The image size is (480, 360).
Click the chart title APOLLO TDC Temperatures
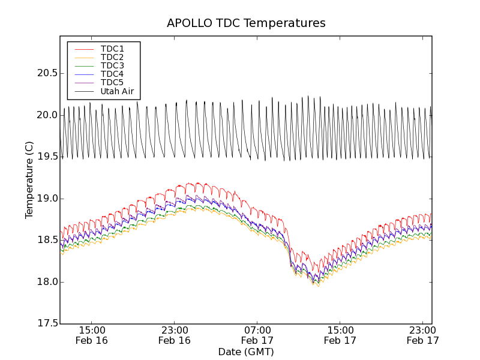click(x=246, y=23)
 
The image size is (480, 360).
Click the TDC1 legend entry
click(x=112, y=49)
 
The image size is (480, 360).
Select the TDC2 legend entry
click(x=112, y=57)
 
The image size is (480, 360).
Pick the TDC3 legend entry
click(x=112, y=65)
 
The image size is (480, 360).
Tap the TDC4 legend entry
click(x=112, y=74)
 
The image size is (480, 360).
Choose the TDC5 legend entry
click(x=112, y=82)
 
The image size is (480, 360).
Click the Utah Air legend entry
click(x=117, y=91)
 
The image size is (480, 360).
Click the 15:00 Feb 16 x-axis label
click(x=92, y=335)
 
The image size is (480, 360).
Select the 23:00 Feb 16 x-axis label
click(x=175, y=335)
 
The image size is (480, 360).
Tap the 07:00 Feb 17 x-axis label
click(x=257, y=335)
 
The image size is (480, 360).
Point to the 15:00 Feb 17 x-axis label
click(x=340, y=335)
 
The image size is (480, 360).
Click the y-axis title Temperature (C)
click(x=29, y=180)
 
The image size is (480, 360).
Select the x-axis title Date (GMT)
click(x=246, y=352)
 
